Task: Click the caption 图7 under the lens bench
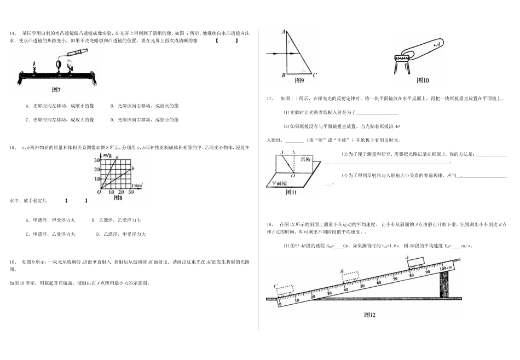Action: tap(55, 89)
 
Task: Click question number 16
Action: tap(13, 262)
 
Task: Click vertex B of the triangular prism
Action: tap(282, 74)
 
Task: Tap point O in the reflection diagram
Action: tap(293, 176)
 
